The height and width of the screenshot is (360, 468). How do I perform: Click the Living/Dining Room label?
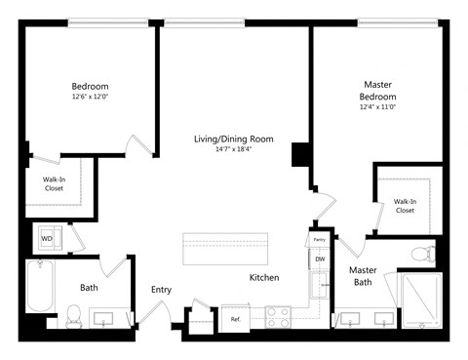tap(233, 140)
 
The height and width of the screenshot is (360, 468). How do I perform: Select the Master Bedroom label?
tap(377, 91)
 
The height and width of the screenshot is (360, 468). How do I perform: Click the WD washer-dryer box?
tap(47, 237)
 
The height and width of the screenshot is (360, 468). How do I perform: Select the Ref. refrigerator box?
tap(236, 319)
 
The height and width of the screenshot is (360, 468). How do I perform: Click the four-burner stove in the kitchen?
tap(278, 316)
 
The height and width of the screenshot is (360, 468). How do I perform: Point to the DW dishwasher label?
tap(319, 259)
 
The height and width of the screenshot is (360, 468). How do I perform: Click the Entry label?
tap(162, 290)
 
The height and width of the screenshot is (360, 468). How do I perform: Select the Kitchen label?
tap(264, 278)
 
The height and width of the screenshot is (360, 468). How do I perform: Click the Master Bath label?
tap(363, 276)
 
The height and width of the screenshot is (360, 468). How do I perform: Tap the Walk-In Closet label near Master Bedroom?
tap(405, 206)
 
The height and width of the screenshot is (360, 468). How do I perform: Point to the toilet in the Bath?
tap(73, 314)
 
